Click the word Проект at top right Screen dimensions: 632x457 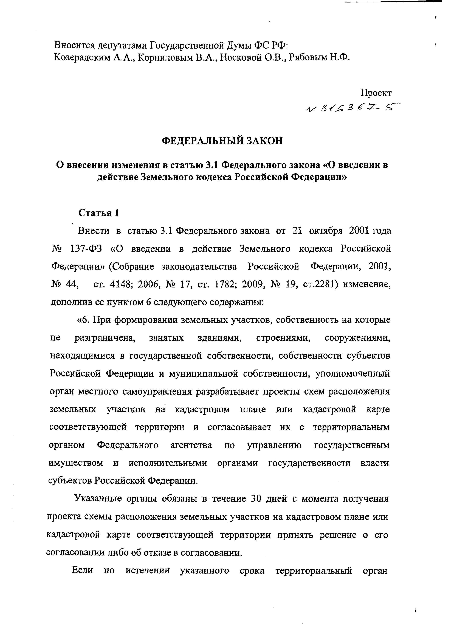tap(376, 93)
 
